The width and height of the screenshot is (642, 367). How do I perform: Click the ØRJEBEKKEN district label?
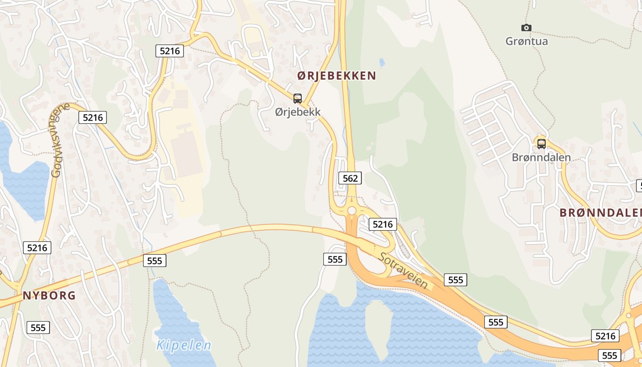(337, 76)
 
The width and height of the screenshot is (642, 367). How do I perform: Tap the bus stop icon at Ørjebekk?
(298, 98)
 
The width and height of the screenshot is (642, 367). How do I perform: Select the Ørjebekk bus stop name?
(298, 111)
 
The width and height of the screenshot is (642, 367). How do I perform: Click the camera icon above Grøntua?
(526, 28)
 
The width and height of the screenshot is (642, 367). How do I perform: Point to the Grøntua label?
(526, 41)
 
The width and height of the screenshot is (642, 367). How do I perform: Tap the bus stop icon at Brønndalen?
(542, 144)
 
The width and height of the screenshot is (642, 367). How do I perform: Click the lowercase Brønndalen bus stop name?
(541, 157)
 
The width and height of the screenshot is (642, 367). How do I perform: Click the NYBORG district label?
(49, 295)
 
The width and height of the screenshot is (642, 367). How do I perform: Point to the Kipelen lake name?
(183, 345)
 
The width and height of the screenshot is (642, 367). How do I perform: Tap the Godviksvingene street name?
(59, 140)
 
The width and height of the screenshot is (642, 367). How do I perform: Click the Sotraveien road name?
(403, 271)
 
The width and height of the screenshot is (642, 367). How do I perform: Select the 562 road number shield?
(350, 178)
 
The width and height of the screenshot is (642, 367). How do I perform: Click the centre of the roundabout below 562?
(352, 211)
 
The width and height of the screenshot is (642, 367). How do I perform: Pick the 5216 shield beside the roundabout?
(383, 224)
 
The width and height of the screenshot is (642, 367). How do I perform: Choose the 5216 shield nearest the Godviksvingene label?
(93, 117)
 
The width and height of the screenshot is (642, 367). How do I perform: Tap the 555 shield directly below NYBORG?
(38, 328)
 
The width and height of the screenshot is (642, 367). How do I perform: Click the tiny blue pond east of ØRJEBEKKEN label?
(382, 62)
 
